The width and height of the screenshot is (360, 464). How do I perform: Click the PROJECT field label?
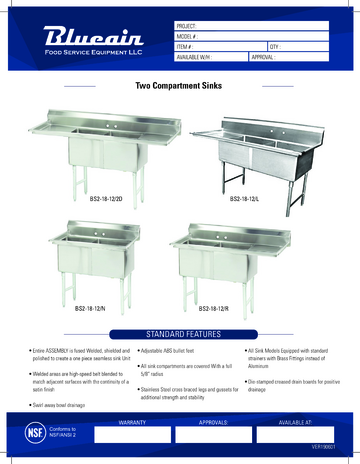[190, 23]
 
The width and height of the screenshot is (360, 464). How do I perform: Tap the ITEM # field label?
[188, 47]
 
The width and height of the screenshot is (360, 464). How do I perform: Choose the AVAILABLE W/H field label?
[197, 59]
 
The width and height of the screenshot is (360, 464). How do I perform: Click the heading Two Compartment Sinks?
[179, 87]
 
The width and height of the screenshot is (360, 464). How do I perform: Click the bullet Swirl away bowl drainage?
[56, 405]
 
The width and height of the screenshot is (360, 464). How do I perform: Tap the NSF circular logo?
[34, 437]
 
